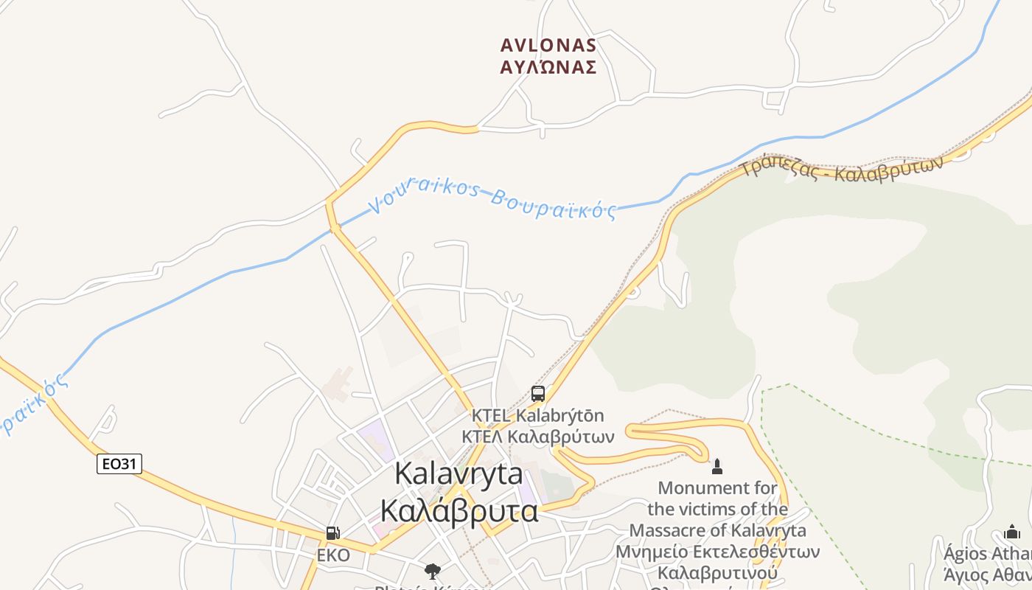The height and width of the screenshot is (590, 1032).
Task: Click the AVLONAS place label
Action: click(x=548, y=46)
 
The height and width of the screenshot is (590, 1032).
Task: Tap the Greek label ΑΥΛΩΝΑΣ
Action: click(x=548, y=68)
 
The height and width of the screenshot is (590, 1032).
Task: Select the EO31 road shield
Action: click(x=119, y=464)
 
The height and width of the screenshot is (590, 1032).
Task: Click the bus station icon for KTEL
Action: click(x=538, y=394)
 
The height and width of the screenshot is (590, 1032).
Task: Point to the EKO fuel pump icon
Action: click(x=333, y=533)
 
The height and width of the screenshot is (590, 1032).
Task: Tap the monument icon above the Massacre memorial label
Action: click(x=717, y=466)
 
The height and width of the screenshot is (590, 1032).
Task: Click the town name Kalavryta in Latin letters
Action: click(x=459, y=473)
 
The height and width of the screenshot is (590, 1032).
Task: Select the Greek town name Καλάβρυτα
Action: click(x=459, y=510)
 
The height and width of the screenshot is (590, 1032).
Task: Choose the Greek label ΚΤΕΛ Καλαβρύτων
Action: click(x=538, y=436)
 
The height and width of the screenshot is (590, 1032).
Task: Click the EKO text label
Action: click(x=333, y=555)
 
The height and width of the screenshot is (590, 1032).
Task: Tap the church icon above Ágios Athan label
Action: click(x=1012, y=532)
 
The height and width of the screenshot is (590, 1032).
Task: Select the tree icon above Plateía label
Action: click(x=433, y=571)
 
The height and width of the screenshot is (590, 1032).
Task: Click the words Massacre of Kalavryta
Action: click(x=717, y=530)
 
